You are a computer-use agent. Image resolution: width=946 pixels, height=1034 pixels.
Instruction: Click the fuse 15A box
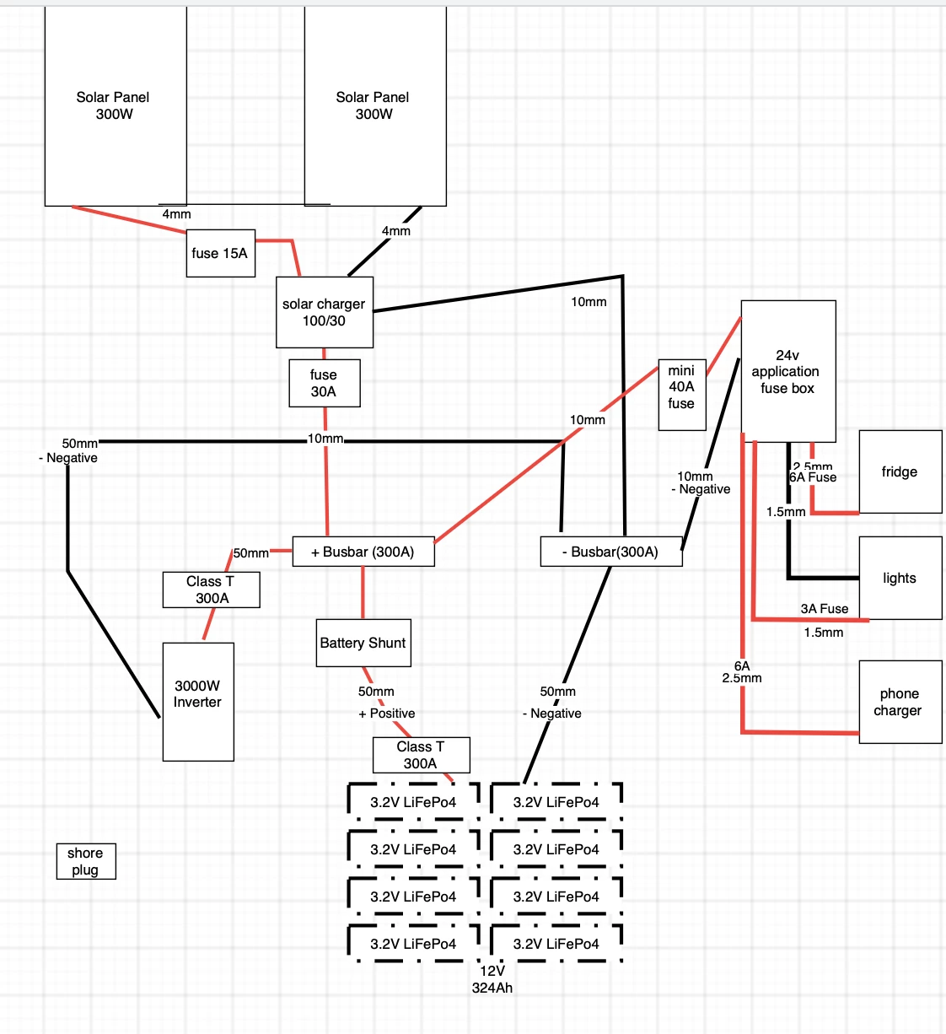[x=221, y=253]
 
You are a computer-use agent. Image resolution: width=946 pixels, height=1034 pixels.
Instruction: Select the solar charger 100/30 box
[x=325, y=312]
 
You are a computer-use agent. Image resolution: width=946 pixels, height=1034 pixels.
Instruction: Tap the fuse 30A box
[x=325, y=383]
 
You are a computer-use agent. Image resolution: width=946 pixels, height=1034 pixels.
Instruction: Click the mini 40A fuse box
[x=682, y=395]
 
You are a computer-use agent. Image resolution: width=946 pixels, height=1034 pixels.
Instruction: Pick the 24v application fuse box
[x=788, y=371]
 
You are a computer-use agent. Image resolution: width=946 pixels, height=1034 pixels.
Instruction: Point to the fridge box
[x=900, y=471]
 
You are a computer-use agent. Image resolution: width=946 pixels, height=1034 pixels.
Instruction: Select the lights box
[x=900, y=578]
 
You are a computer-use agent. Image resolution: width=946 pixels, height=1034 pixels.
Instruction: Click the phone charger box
[x=900, y=702]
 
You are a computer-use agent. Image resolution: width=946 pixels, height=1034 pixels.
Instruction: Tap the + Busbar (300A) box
[x=363, y=552]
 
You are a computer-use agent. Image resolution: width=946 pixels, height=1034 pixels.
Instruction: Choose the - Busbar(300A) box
[x=611, y=552]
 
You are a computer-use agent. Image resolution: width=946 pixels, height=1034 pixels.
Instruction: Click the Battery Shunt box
[x=363, y=643]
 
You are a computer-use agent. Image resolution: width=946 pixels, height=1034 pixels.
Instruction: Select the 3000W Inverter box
[x=198, y=702]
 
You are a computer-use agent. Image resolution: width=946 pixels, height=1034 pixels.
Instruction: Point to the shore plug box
[x=86, y=861]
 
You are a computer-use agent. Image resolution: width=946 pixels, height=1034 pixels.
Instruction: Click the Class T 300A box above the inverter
[x=212, y=590]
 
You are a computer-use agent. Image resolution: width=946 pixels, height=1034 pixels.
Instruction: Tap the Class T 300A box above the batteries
[x=422, y=755]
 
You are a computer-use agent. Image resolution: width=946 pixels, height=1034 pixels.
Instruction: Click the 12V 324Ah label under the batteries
[x=492, y=979]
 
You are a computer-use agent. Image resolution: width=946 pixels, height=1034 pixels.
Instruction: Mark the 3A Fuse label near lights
[x=825, y=609]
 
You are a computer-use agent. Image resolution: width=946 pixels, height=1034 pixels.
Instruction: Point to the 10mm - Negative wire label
[x=701, y=482]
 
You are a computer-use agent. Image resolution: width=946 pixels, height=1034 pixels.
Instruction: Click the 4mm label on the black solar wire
[x=396, y=231]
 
